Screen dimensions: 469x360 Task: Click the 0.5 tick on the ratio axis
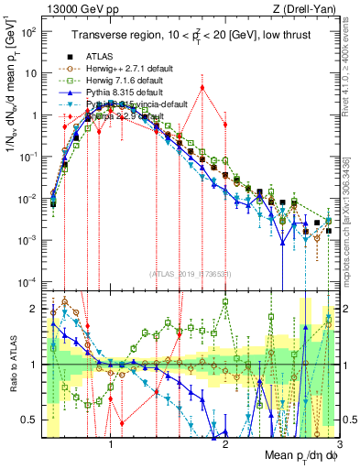33,420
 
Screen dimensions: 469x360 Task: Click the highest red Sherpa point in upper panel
202,88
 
